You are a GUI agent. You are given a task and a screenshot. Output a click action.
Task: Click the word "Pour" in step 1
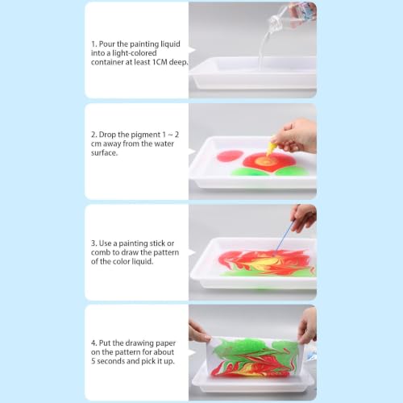(107, 44)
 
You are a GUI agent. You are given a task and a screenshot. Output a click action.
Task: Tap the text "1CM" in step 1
(160, 62)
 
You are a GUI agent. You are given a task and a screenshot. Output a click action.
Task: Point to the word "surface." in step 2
(104, 153)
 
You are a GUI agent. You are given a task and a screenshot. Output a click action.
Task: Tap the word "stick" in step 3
(157, 243)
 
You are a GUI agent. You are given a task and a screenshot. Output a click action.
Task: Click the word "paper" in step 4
(166, 343)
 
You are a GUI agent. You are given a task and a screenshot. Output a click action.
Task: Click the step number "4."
(94, 343)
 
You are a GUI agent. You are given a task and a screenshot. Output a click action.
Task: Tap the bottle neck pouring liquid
(276, 22)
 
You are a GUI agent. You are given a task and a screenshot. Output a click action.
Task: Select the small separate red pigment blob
(230, 156)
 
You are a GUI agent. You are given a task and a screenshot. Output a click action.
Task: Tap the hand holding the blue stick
(304, 217)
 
